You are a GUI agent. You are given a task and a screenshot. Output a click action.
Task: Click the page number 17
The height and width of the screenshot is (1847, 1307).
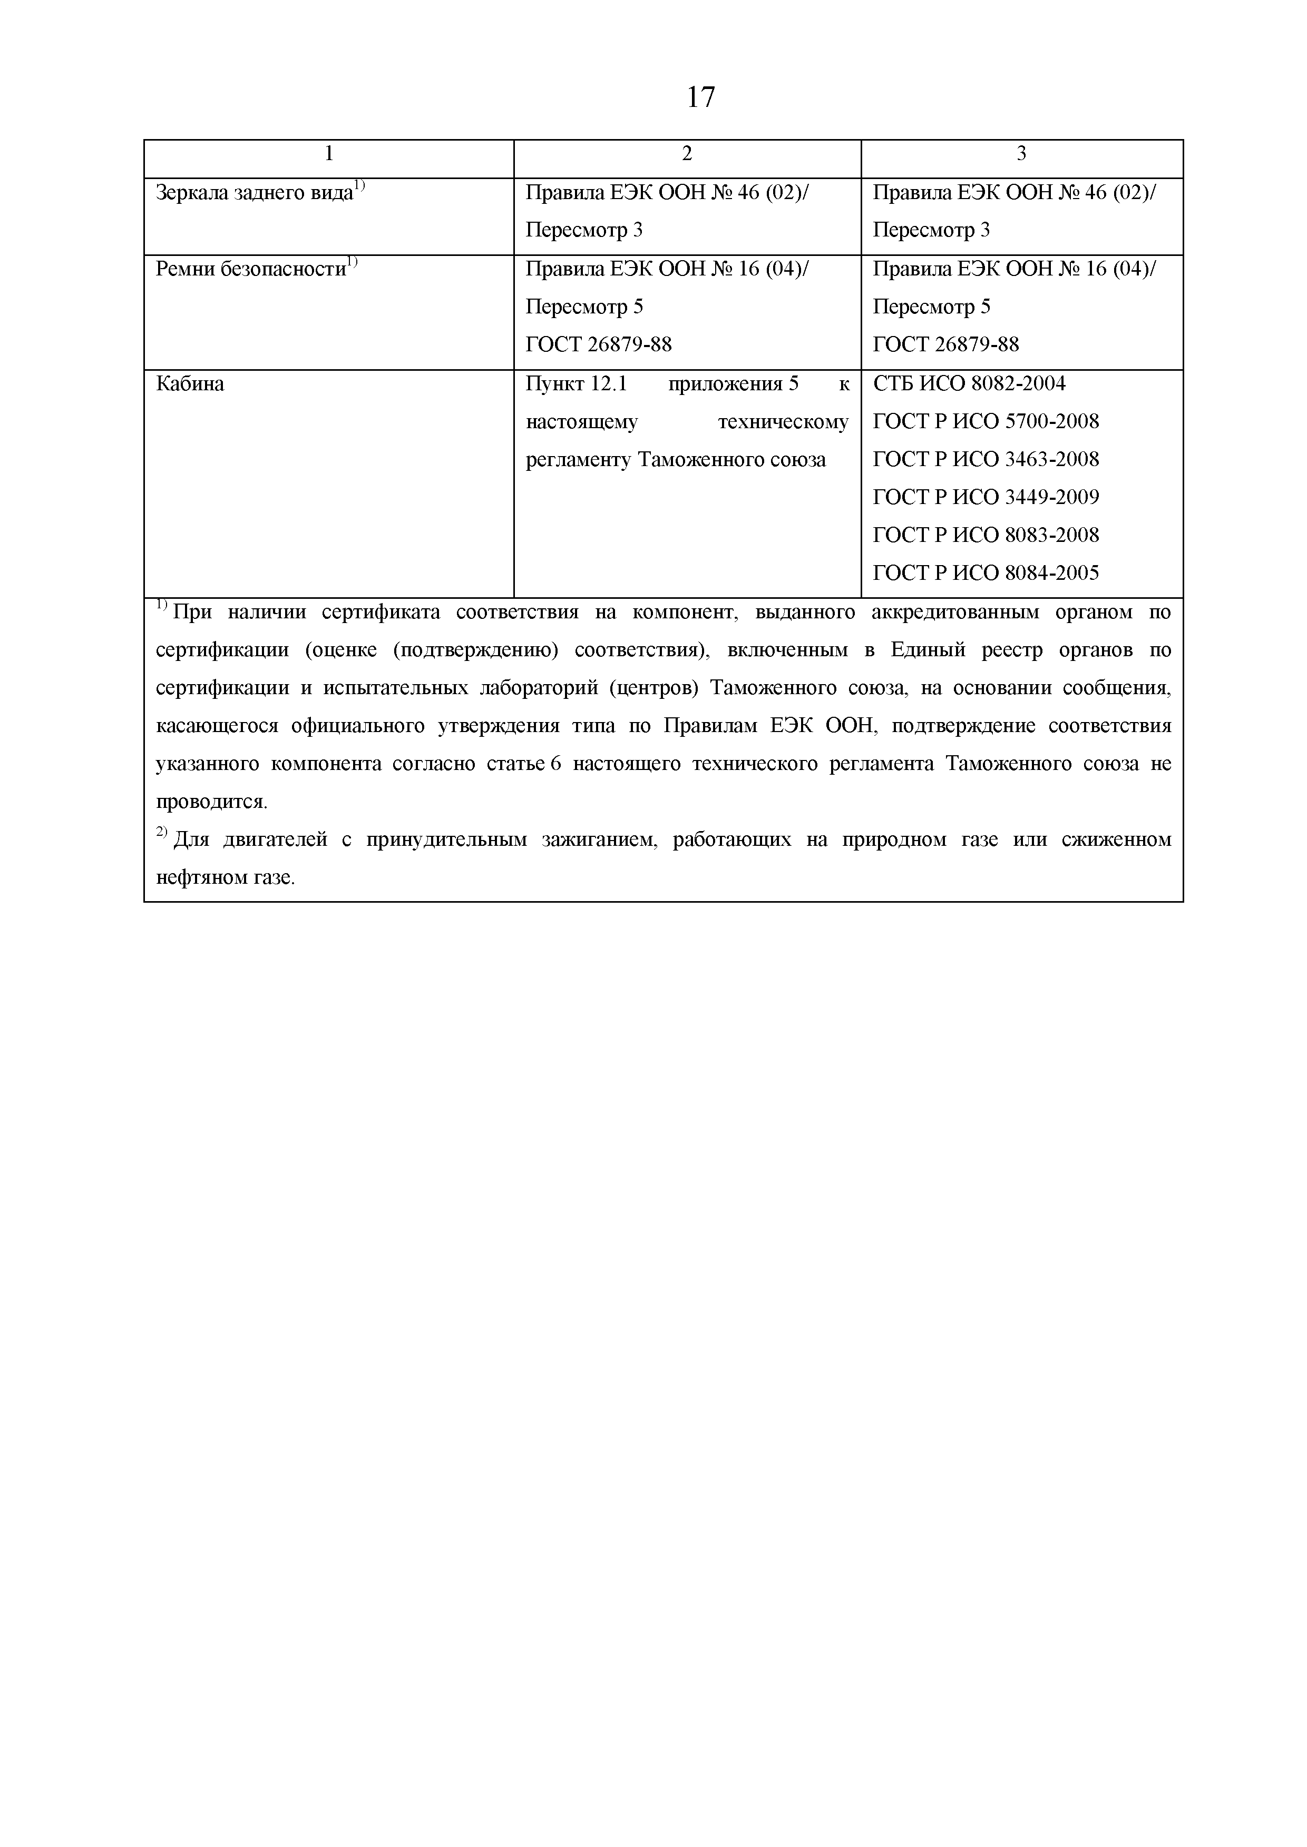(700, 97)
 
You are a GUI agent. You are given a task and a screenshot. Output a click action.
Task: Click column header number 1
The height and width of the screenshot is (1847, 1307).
(328, 154)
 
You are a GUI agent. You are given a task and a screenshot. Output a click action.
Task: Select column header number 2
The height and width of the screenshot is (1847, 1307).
(687, 154)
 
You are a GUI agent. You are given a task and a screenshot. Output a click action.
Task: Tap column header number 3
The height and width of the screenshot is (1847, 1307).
(1021, 154)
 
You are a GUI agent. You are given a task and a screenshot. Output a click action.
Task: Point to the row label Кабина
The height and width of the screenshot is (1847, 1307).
(190, 384)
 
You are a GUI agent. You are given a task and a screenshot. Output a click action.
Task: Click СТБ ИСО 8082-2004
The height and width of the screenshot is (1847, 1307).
(969, 384)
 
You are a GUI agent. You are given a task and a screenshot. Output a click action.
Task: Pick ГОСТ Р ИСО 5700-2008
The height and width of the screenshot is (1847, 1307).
(986, 421)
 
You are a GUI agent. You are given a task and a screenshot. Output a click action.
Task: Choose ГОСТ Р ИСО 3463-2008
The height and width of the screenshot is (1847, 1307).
(986, 459)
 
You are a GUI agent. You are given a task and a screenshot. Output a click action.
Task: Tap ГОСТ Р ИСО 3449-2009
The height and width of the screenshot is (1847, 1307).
(986, 497)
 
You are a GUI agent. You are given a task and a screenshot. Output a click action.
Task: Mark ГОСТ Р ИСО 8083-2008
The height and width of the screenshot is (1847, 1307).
(986, 535)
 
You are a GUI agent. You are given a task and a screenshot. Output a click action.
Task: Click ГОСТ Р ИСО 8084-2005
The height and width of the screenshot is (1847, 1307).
(986, 573)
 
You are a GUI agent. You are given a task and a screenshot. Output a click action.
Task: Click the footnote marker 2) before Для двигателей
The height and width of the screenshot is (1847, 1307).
(161, 833)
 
